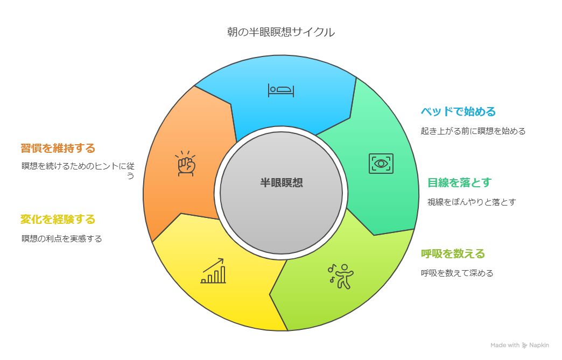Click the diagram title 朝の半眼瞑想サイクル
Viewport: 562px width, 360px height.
click(x=280, y=32)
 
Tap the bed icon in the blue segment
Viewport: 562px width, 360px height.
click(x=281, y=90)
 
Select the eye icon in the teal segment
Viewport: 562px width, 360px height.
click(x=381, y=163)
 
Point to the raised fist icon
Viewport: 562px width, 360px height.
click(x=186, y=164)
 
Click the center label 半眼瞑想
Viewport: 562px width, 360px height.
click(x=281, y=182)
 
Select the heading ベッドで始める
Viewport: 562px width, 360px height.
click(x=458, y=112)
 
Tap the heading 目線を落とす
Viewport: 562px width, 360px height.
click(x=459, y=182)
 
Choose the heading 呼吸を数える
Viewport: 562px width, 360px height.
click(x=453, y=253)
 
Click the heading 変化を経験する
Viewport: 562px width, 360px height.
click(x=58, y=219)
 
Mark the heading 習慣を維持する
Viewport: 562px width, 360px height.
click(x=58, y=147)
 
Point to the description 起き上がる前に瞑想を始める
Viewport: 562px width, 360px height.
click(x=473, y=131)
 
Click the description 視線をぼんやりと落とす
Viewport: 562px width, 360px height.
click(x=472, y=202)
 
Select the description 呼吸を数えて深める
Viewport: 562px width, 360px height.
click(x=457, y=273)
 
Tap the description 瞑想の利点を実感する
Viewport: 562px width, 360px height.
click(x=61, y=238)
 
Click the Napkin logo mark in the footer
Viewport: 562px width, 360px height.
click(x=525, y=345)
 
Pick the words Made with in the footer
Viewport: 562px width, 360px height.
click(x=505, y=345)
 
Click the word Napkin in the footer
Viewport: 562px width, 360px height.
click(x=540, y=345)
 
